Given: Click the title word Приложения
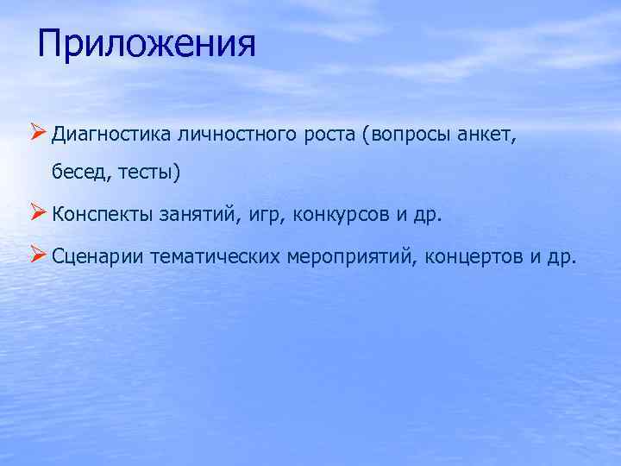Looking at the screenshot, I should [147, 43].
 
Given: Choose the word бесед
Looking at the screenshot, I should [75, 173].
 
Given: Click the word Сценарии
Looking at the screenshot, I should [97, 256].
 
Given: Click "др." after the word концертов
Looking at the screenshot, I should [561, 256].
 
